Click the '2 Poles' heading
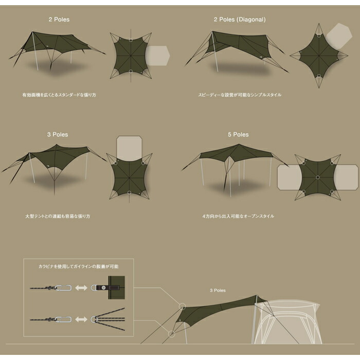(x=59, y=20)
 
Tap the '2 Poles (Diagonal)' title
(x=240, y=20)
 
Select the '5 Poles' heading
(x=238, y=135)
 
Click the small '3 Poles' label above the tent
(x=218, y=291)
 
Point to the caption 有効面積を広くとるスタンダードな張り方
(x=59, y=95)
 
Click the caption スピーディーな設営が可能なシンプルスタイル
(x=240, y=95)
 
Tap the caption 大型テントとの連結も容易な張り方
(x=58, y=217)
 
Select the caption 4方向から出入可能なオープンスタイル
(x=238, y=217)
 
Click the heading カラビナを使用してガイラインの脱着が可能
(x=79, y=266)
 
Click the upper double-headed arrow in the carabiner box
(x=81, y=287)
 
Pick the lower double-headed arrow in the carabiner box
(x=81, y=319)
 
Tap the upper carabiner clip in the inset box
(x=63, y=287)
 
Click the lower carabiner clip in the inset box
(x=63, y=319)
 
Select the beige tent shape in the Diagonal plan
(x=339, y=36)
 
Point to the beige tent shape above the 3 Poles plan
(x=129, y=147)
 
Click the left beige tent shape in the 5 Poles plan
(x=289, y=177)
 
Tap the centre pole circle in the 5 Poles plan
(x=318, y=177)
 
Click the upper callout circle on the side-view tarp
(x=182, y=307)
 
